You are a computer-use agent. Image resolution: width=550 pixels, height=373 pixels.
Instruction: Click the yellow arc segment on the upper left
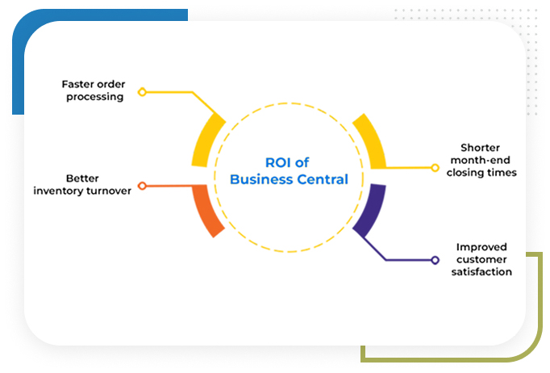[207, 140]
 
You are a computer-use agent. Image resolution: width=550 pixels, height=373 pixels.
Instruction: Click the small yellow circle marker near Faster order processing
[142, 92]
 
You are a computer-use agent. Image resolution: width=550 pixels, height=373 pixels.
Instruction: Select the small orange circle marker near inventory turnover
[142, 186]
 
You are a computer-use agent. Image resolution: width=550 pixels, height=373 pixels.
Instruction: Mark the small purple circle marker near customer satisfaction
[435, 260]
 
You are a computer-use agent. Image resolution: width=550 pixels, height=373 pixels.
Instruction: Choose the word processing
[93, 97]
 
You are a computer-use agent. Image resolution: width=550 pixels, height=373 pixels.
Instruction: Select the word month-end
[481, 160]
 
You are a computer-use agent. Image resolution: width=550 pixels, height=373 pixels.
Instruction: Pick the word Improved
[482, 247]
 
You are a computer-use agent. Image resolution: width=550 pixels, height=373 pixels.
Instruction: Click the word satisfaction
[482, 272]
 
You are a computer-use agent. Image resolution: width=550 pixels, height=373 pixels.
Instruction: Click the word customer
[482, 259]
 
